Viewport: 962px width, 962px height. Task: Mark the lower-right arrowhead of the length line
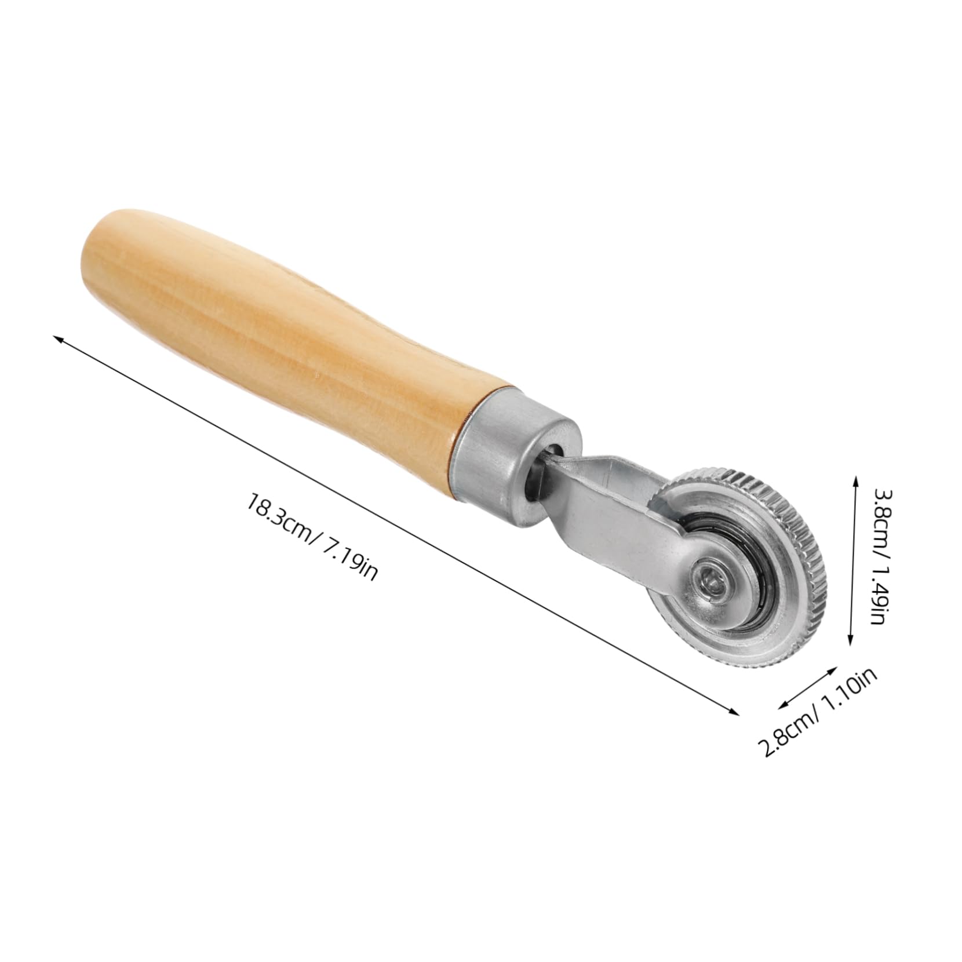pyautogui.click(x=737, y=713)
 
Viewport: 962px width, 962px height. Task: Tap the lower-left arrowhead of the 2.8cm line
pyautogui.click(x=781, y=705)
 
